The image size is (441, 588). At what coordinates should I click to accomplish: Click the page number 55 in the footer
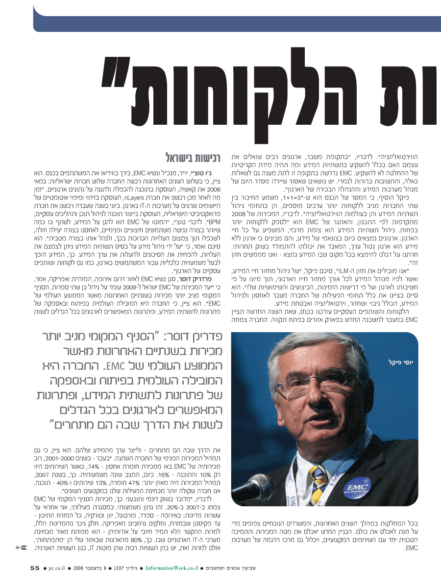point(34,568)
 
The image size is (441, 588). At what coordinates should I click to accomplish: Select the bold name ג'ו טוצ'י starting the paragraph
point(202,173)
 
